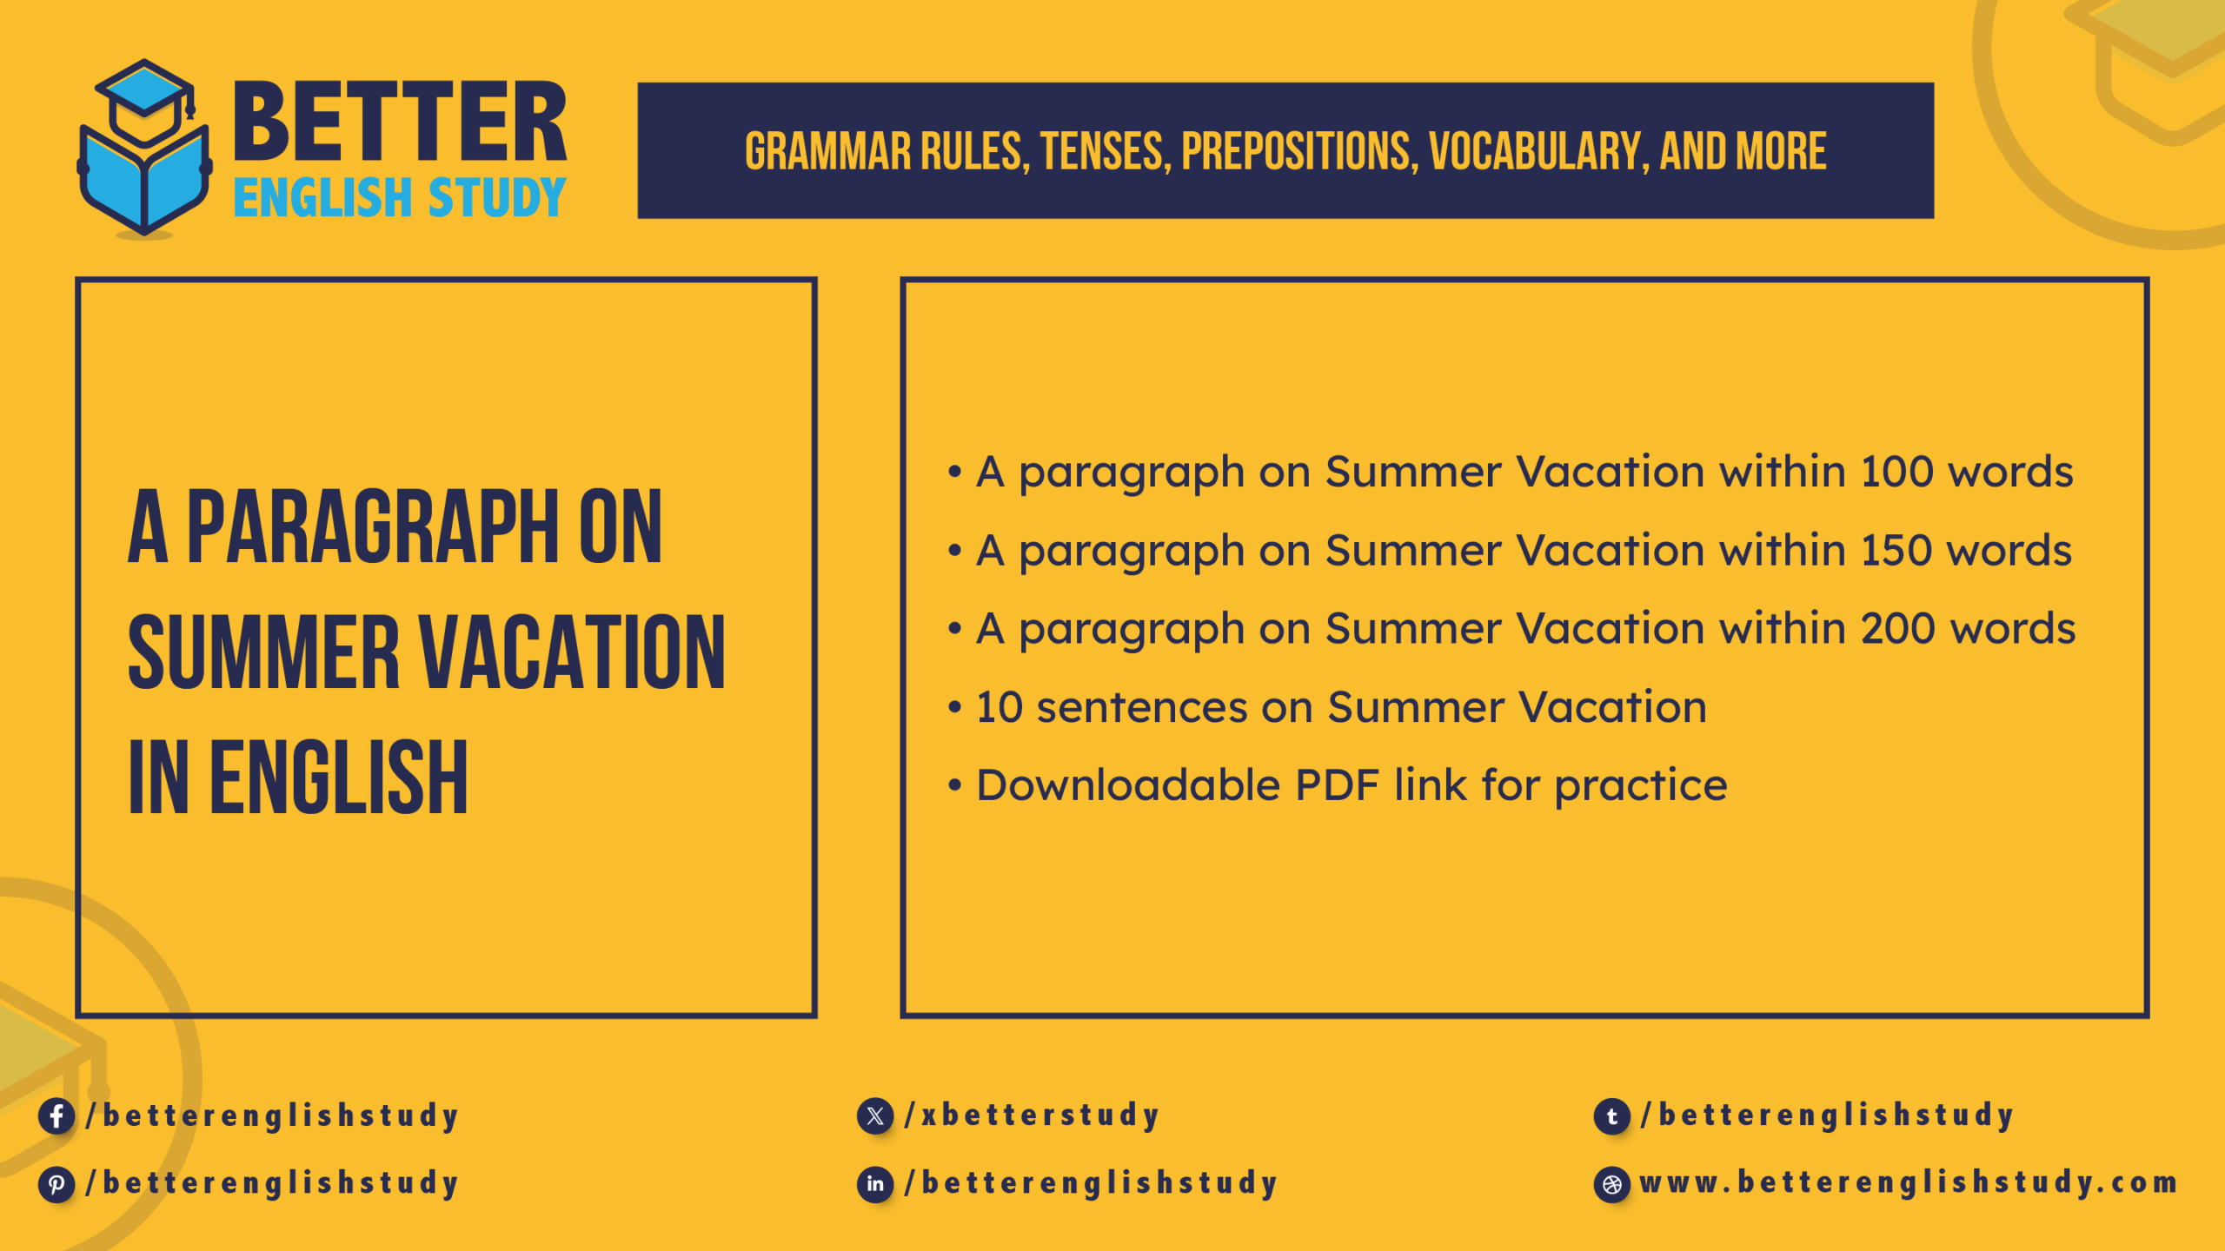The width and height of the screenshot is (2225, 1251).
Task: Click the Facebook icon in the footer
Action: [56, 1115]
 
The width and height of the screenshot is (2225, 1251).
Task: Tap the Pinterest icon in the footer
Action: [56, 1184]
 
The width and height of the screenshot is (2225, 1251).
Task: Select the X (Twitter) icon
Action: [874, 1115]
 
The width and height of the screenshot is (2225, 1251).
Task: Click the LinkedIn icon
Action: [874, 1184]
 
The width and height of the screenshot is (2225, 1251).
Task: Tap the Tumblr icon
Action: [1611, 1115]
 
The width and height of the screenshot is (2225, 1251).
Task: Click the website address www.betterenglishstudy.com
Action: [1908, 1183]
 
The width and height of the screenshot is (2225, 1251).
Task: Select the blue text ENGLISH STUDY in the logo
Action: [400, 198]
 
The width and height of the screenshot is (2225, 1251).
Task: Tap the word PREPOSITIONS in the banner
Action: [1298, 152]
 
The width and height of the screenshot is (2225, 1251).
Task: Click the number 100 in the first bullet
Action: [1896, 472]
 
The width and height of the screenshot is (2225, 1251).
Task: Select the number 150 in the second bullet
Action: [1895, 551]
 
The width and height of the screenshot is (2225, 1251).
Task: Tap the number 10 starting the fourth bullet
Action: [1000, 707]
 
